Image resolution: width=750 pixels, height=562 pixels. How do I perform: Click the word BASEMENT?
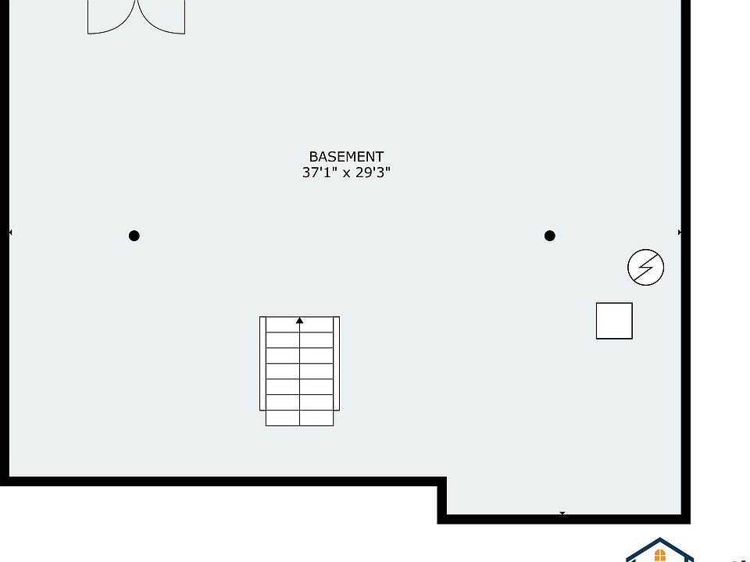[x=346, y=157]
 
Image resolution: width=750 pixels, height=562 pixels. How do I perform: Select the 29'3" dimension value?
[x=373, y=173]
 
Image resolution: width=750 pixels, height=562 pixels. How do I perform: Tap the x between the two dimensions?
[x=346, y=174]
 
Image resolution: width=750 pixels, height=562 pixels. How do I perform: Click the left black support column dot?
[x=134, y=236]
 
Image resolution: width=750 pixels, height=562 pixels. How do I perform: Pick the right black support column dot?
[x=550, y=236]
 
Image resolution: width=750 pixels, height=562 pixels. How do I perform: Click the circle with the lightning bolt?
[x=646, y=268]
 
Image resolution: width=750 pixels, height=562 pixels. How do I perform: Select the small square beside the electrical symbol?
[x=614, y=321]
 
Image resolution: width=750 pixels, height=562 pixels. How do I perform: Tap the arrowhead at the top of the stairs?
[x=300, y=320]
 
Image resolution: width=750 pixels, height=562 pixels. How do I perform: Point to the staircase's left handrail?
[x=262, y=363]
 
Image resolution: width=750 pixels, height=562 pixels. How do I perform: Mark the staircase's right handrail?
[x=337, y=363]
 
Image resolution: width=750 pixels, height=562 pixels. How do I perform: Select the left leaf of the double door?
[x=109, y=17]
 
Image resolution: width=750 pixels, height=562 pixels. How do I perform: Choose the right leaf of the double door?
[x=162, y=17]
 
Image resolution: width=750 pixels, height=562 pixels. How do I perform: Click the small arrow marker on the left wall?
[x=10, y=233]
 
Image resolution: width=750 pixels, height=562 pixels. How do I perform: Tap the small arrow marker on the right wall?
[x=680, y=233]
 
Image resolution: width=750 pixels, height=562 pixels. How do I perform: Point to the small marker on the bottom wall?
[x=562, y=514]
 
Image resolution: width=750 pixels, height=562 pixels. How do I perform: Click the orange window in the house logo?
[x=660, y=555]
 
